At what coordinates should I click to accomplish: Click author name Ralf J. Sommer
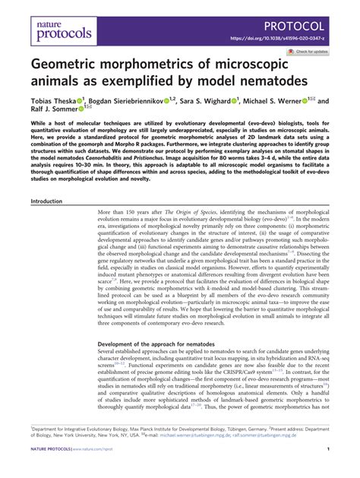click(x=56, y=112)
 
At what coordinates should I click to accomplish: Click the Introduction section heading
click(x=47, y=201)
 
